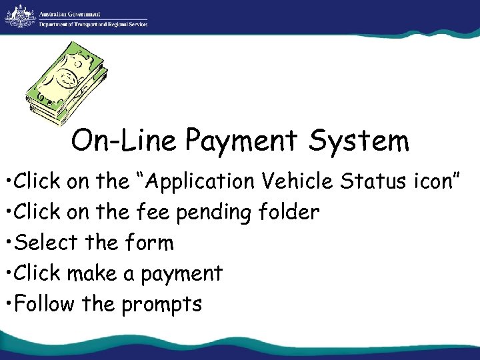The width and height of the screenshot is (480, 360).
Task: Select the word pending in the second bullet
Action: click(x=219, y=213)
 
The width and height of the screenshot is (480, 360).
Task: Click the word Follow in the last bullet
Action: click(x=44, y=304)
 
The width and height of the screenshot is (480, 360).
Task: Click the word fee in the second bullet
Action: click(x=152, y=213)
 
